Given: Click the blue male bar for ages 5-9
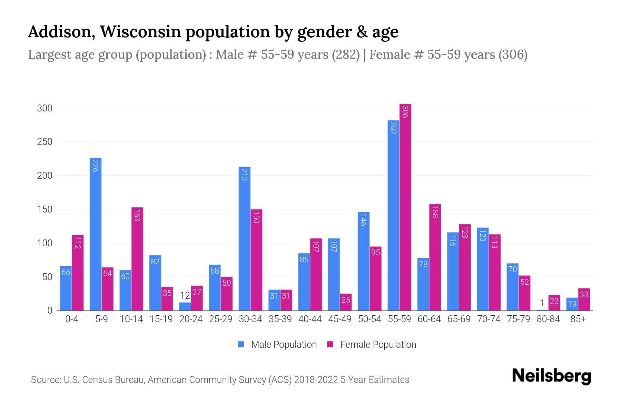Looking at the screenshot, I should [x=96, y=235].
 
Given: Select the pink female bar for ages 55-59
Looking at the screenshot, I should [x=405, y=207].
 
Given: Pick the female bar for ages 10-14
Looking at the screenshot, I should [x=137, y=259].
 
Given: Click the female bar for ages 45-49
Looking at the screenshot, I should [x=346, y=302].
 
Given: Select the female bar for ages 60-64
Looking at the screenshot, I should [x=435, y=257].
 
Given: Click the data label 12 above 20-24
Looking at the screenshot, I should [x=185, y=296].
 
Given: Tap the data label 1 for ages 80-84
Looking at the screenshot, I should [x=542, y=303].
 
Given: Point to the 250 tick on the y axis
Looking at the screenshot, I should [x=45, y=142].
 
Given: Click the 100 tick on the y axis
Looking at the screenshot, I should [x=45, y=243].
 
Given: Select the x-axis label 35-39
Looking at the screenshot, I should [x=280, y=319].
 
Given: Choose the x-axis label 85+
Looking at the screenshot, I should [x=578, y=319].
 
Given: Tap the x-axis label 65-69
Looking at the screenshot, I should [x=459, y=319].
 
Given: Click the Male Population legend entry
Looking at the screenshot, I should [x=277, y=344].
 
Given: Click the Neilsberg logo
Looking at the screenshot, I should [x=551, y=376].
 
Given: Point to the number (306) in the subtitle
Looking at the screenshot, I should [x=513, y=55].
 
